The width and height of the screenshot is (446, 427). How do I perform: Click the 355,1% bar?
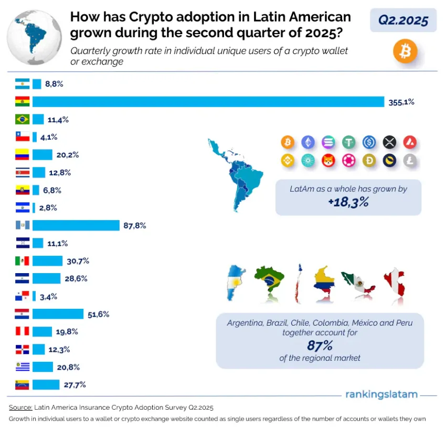[208, 102]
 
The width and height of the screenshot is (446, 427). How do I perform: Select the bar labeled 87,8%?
[76, 225]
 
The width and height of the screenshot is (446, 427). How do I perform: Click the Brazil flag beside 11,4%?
[23, 119]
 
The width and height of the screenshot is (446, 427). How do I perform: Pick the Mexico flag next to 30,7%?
[23, 261]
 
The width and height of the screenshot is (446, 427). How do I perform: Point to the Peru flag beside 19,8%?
[23, 331]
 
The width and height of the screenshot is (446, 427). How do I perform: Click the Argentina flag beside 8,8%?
[23, 84]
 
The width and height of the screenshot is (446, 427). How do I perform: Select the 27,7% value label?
[74, 384]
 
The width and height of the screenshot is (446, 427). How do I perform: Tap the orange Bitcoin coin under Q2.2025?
[405, 51]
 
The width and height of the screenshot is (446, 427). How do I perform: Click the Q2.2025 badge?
[403, 20]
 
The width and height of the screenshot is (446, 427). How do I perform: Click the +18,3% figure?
[348, 202]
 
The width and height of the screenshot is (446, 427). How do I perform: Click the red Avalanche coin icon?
[410, 142]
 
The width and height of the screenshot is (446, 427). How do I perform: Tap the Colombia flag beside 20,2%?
[23, 154]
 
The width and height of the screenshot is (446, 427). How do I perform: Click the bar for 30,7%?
[47, 261]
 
